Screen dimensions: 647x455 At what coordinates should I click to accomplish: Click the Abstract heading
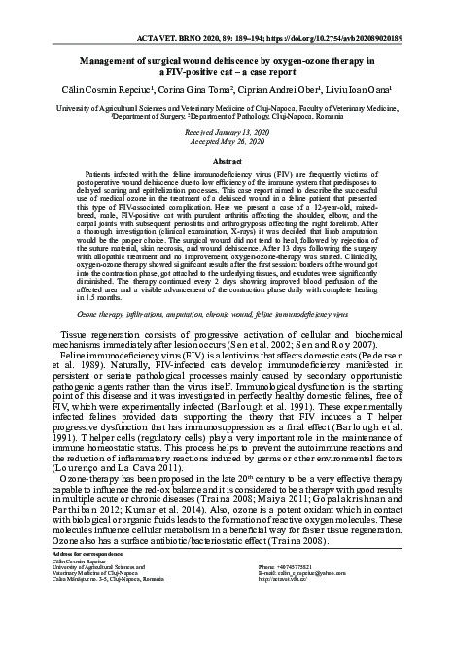point(227,160)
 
